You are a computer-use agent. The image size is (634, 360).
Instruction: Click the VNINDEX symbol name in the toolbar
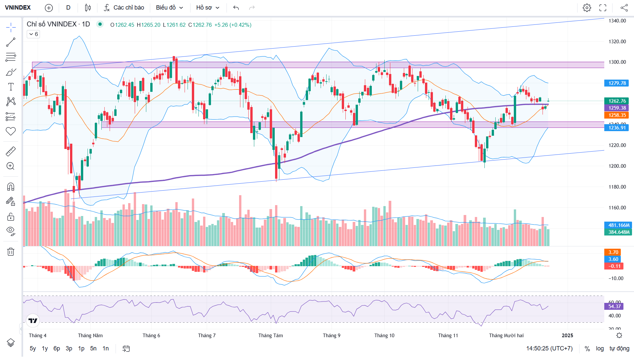click(x=18, y=8)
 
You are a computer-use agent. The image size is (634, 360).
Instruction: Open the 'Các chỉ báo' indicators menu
click(x=124, y=8)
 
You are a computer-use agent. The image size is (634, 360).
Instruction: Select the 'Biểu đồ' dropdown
click(x=169, y=8)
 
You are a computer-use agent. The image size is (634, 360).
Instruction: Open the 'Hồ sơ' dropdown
click(x=208, y=8)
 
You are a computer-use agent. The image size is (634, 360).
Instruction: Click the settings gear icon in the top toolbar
click(x=587, y=8)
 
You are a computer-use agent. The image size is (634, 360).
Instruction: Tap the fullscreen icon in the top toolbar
click(x=603, y=8)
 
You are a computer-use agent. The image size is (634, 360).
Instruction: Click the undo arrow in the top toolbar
click(x=236, y=8)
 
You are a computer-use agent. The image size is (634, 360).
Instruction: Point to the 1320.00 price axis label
click(x=617, y=42)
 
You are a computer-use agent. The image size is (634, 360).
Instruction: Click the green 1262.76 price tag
click(x=617, y=101)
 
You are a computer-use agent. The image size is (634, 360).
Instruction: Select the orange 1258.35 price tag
click(x=617, y=115)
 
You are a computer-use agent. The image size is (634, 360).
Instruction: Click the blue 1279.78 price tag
click(x=617, y=83)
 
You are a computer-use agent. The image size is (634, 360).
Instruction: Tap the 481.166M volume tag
click(x=618, y=225)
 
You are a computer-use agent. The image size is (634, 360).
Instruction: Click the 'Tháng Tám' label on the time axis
click(x=270, y=336)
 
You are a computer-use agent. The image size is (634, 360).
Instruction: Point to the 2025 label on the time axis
click(x=567, y=336)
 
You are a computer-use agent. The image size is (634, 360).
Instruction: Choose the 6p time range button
click(x=57, y=348)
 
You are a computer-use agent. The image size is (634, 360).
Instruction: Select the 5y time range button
click(x=33, y=348)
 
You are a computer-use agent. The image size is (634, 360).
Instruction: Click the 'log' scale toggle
click(x=600, y=348)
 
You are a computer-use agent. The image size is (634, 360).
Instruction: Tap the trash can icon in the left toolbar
click(x=11, y=252)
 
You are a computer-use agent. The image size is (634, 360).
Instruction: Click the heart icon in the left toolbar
click(x=11, y=131)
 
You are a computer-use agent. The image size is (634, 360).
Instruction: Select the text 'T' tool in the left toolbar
click(x=11, y=87)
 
